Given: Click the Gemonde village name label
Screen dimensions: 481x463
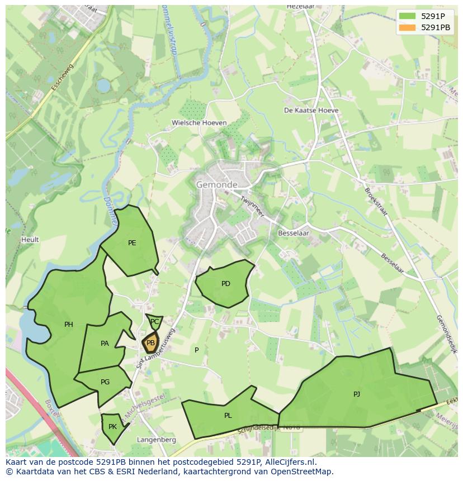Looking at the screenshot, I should [x=216, y=184].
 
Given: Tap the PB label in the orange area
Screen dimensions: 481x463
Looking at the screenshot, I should [x=150, y=343].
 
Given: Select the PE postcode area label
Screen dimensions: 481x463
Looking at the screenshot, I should [x=132, y=242].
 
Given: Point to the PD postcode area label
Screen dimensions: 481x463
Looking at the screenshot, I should [x=226, y=284].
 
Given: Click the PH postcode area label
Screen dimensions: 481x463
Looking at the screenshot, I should [x=69, y=325].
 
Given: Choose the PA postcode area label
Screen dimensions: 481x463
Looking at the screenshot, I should [x=105, y=344].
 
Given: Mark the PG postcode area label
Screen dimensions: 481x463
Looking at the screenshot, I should [x=105, y=382].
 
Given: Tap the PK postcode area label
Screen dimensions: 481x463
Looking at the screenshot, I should [x=112, y=427].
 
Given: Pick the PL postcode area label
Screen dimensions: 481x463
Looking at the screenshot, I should [x=228, y=416].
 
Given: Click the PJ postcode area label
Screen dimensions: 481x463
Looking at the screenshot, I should [x=357, y=394].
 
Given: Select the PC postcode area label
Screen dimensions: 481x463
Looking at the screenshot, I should [x=155, y=322].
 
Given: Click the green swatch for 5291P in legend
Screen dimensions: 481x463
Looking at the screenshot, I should [x=407, y=16].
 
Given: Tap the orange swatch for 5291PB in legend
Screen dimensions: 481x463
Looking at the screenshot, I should [x=407, y=27].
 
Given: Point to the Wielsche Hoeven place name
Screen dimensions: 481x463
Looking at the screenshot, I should [x=199, y=123].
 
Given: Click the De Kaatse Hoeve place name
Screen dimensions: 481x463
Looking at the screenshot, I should [x=311, y=111].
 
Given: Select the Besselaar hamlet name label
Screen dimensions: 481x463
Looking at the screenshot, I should [x=293, y=233].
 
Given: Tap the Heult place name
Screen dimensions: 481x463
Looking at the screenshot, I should [x=30, y=240].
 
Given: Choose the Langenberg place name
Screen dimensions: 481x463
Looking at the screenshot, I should [x=157, y=440].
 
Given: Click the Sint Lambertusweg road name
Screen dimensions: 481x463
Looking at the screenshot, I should [x=157, y=348].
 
